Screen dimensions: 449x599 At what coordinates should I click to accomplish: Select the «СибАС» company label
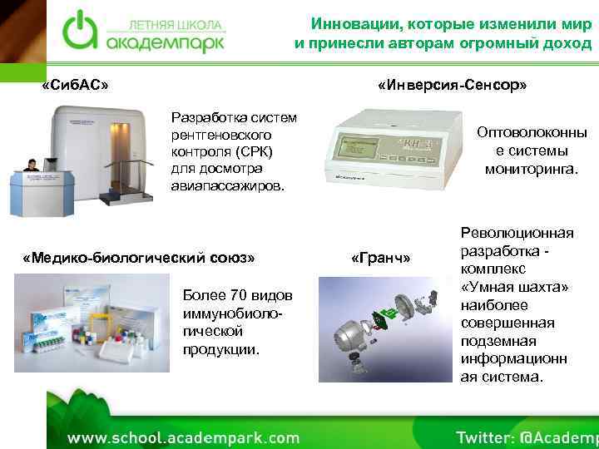click(x=75, y=86)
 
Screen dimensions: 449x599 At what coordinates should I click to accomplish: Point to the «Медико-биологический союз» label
click(x=138, y=257)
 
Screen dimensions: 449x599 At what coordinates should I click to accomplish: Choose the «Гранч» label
click(x=381, y=257)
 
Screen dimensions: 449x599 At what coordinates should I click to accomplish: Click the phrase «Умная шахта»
click(x=515, y=287)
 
